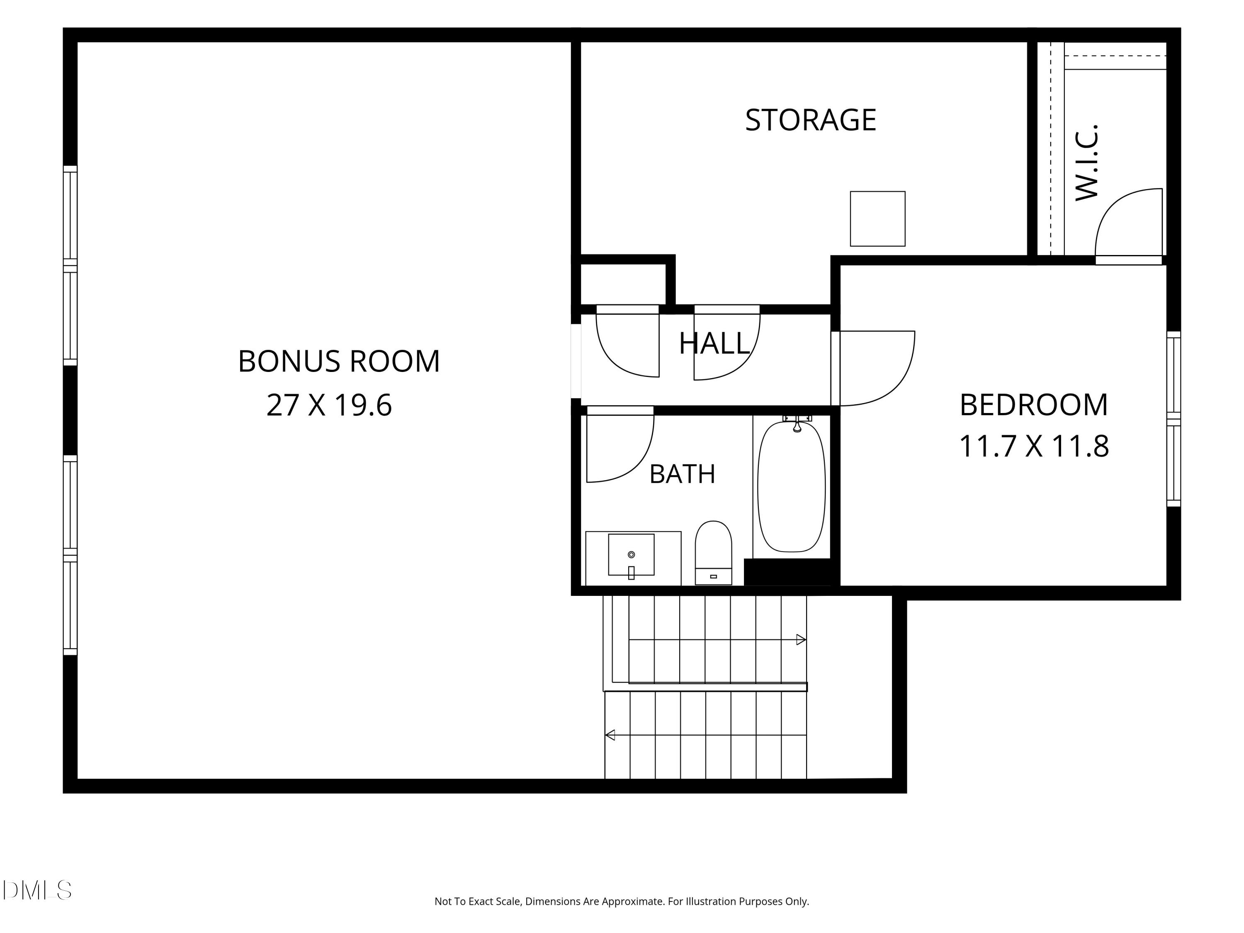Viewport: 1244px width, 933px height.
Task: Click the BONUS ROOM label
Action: [338, 361]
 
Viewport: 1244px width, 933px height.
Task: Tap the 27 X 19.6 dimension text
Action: [329, 405]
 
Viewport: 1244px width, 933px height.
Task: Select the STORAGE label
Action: [810, 120]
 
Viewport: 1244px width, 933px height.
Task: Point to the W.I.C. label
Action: [1086, 162]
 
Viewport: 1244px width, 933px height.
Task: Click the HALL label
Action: [714, 343]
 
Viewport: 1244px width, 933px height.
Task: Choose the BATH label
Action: [682, 474]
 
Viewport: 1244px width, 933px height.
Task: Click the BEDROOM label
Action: [1034, 405]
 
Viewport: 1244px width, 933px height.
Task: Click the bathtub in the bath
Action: [791, 486]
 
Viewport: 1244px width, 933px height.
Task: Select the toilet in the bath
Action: [713, 553]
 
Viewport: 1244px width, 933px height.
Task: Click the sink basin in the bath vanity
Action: [631, 554]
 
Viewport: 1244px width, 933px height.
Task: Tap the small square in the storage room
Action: [877, 219]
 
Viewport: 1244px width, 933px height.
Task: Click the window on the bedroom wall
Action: [1174, 419]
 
